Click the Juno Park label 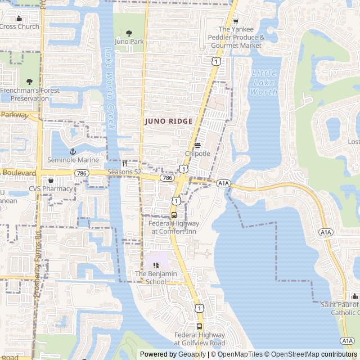tap(129, 42)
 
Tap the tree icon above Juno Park tap(129, 33)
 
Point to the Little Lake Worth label tap(264, 82)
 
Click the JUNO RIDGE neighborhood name tap(169, 121)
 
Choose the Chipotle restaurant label tap(197, 154)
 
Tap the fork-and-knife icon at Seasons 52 tap(124, 163)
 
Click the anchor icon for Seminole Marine tap(73, 151)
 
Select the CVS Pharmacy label tap(51, 189)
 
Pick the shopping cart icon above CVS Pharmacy tap(51, 181)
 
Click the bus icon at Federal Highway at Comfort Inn tap(173, 215)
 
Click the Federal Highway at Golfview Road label tap(199, 339)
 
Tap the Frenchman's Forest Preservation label tap(25, 94)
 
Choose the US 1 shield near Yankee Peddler tap(216, 60)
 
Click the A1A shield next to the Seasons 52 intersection tap(223, 183)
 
